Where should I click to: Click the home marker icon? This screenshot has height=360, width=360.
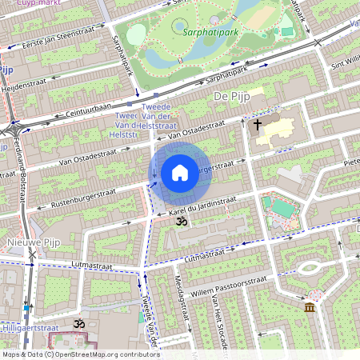click(180, 173)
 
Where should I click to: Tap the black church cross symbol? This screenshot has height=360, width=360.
click(258, 125)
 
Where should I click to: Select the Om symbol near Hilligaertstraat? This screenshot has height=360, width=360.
click(78, 324)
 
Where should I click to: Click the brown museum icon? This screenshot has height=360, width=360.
click(310, 307)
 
